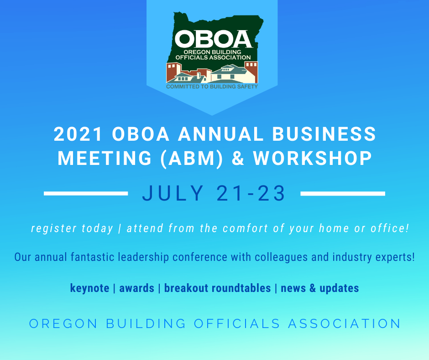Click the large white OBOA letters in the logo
click(214, 39)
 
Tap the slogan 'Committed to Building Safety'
click(212, 87)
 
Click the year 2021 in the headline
click(78, 134)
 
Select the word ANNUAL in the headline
click(221, 134)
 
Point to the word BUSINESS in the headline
click(324, 134)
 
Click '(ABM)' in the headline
click(192, 159)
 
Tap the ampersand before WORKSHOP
click(238, 159)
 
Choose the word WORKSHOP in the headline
click(313, 159)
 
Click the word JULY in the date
click(173, 193)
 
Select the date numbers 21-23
click(251, 193)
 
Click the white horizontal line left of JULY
click(86, 193)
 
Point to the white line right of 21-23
click(343, 193)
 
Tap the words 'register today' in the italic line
click(72, 228)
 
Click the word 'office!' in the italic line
click(390, 228)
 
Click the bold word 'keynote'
click(90, 288)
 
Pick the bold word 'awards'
click(137, 288)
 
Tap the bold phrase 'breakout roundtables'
click(218, 288)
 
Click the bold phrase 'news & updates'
click(320, 288)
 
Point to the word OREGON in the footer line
click(63, 323)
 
